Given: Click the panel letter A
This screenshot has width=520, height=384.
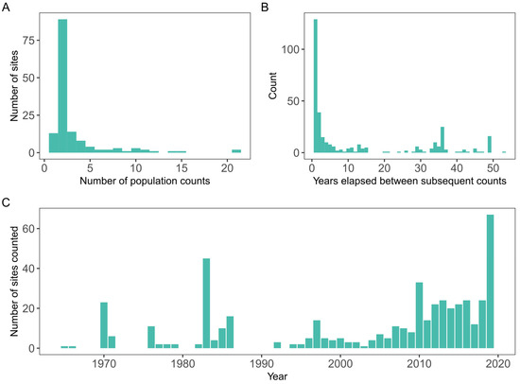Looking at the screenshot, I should tap(7, 7).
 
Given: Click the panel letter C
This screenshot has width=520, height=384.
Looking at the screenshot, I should tap(7, 201).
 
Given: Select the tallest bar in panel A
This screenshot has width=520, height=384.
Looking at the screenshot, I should tap(63, 85).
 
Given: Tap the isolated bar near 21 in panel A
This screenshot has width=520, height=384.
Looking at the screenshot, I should tap(236, 150).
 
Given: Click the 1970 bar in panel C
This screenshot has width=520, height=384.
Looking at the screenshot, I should tap(104, 325).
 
